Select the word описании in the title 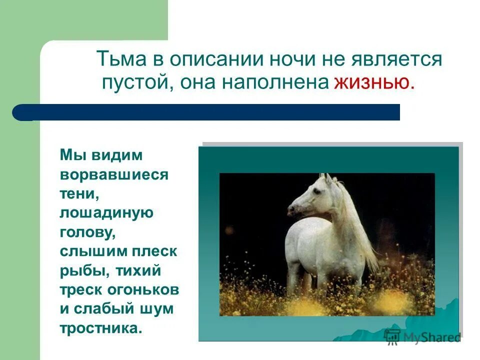click(214, 59)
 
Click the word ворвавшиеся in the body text click(114, 175)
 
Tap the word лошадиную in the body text click(106, 213)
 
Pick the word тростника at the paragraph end click(101, 328)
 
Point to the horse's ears click(326, 177)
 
